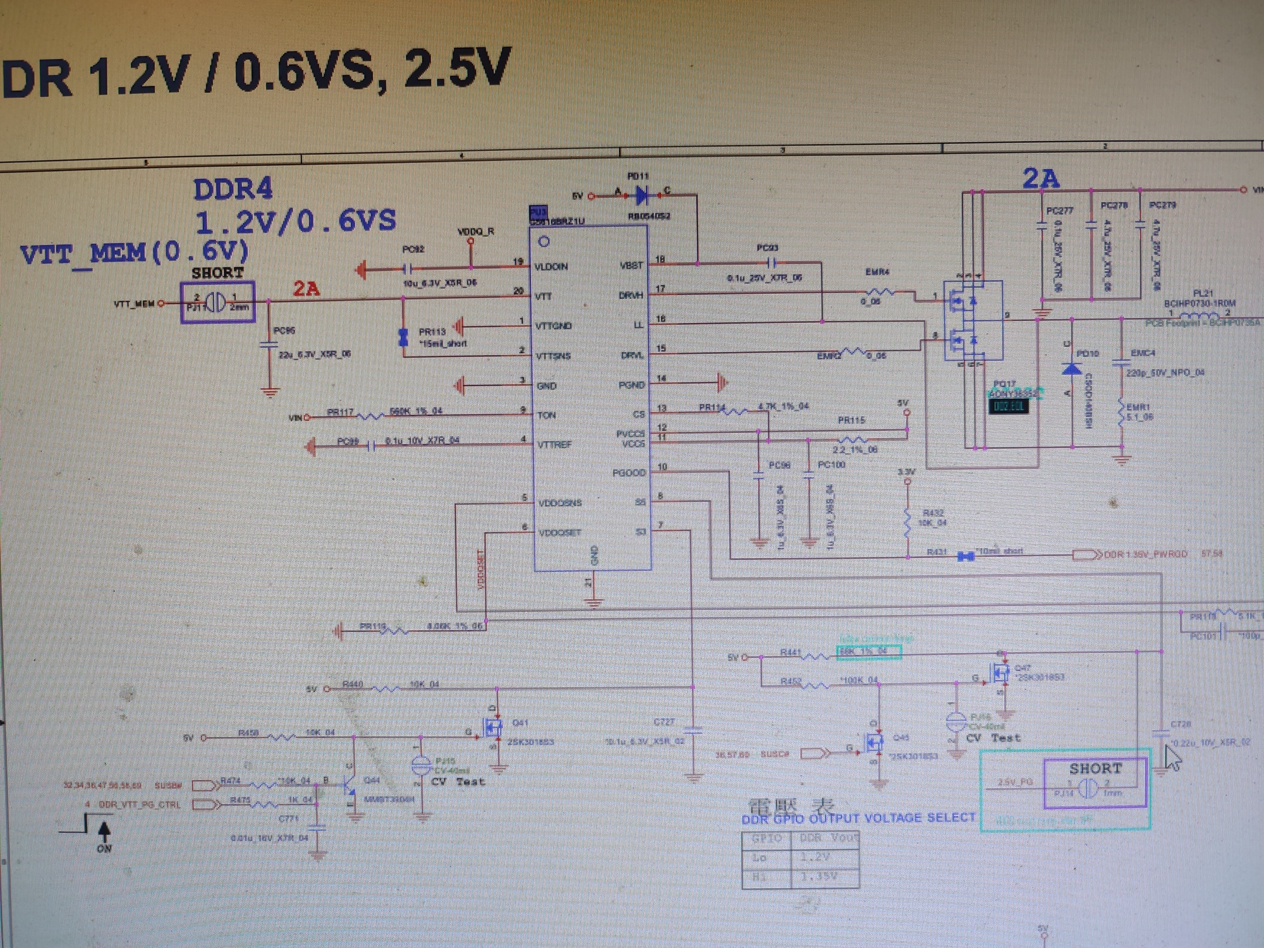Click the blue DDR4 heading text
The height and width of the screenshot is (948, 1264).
pos(233,190)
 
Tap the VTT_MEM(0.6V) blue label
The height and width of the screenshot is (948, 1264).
pos(135,253)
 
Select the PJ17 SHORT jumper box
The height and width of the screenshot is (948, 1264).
pos(217,303)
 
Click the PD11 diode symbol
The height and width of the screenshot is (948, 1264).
pos(642,195)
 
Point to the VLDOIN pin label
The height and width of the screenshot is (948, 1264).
pos(550,267)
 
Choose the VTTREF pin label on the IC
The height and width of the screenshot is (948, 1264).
pos(554,445)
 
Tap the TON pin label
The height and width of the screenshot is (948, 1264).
pos(546,415)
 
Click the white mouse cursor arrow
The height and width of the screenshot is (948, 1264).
pos(1172,758)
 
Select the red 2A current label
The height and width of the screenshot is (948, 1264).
pos(306,289)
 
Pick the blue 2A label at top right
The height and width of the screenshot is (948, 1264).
pos(1041,179)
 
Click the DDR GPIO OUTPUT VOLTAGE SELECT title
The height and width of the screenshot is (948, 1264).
pos(858,818)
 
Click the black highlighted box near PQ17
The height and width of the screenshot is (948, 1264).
pos(1009,406)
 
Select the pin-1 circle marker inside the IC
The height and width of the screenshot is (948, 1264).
pos(544,241)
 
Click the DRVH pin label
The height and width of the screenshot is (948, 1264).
pos(630,296)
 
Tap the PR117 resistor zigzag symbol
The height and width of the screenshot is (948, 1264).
pos(370,416)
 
